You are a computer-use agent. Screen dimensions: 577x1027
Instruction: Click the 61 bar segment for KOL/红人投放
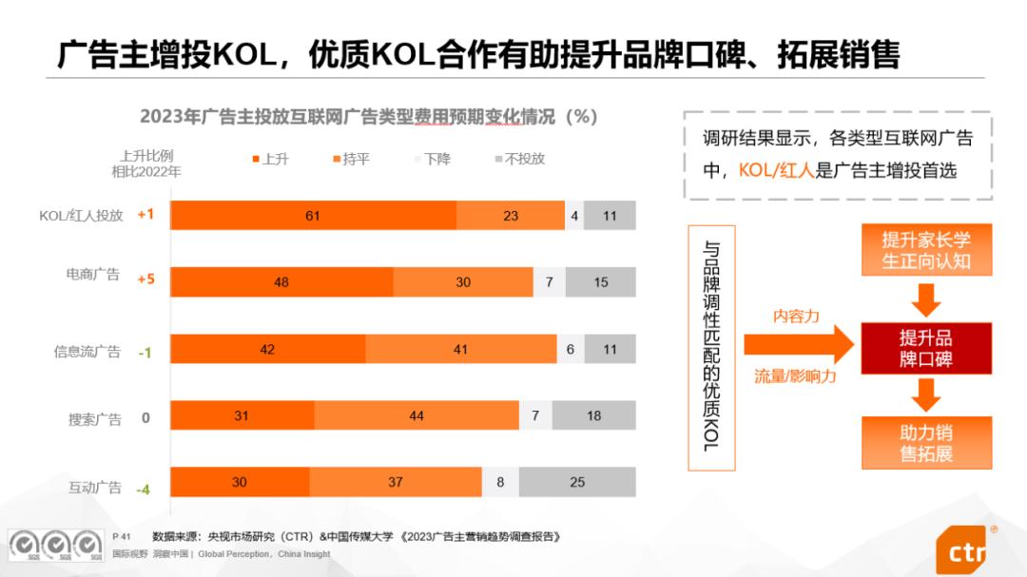click(x=313, y=216)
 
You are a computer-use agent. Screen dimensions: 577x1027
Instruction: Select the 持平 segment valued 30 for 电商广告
click(x=463, y=282)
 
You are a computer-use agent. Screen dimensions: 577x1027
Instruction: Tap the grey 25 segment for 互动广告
click(x=577, y=482)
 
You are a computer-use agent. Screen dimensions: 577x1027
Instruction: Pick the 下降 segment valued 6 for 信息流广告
click(x=571, y=349)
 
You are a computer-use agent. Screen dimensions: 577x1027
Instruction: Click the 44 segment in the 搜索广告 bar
click(x=417, y=415)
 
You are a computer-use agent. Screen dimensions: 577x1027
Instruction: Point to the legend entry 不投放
click(x=520, y=159)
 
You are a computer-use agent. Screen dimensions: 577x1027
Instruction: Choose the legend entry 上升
click(x=271, y=159)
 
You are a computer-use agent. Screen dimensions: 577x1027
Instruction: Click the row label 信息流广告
click(x=87, y=351)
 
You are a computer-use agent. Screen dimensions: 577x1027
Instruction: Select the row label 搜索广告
click(x=94, y=418)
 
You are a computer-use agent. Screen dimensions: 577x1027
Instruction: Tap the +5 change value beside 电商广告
click(x=145, y=279)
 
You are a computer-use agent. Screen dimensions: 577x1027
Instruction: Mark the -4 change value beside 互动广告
click(x=144, y=490)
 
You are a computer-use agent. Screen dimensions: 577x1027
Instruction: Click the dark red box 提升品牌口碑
click(x=925, y=348)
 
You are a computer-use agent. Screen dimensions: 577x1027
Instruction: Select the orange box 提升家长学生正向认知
click(x=925, y=250)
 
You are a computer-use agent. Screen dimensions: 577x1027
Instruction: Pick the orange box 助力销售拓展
click(x=925, y=443)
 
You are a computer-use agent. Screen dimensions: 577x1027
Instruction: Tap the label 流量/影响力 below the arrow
click(x=795, y=376)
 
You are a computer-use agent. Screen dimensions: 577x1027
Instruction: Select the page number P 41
click(x=121, y=536)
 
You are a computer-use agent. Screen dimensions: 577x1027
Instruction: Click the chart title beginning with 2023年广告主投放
click(x=368, y=117)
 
